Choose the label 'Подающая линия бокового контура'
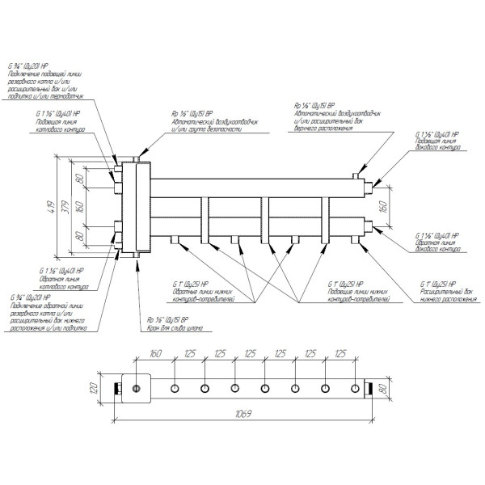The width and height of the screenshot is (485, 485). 436,143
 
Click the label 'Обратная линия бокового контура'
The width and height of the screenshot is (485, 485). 436,244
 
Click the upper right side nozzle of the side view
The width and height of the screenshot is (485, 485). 371,182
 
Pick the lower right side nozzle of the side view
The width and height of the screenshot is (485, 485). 371,230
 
